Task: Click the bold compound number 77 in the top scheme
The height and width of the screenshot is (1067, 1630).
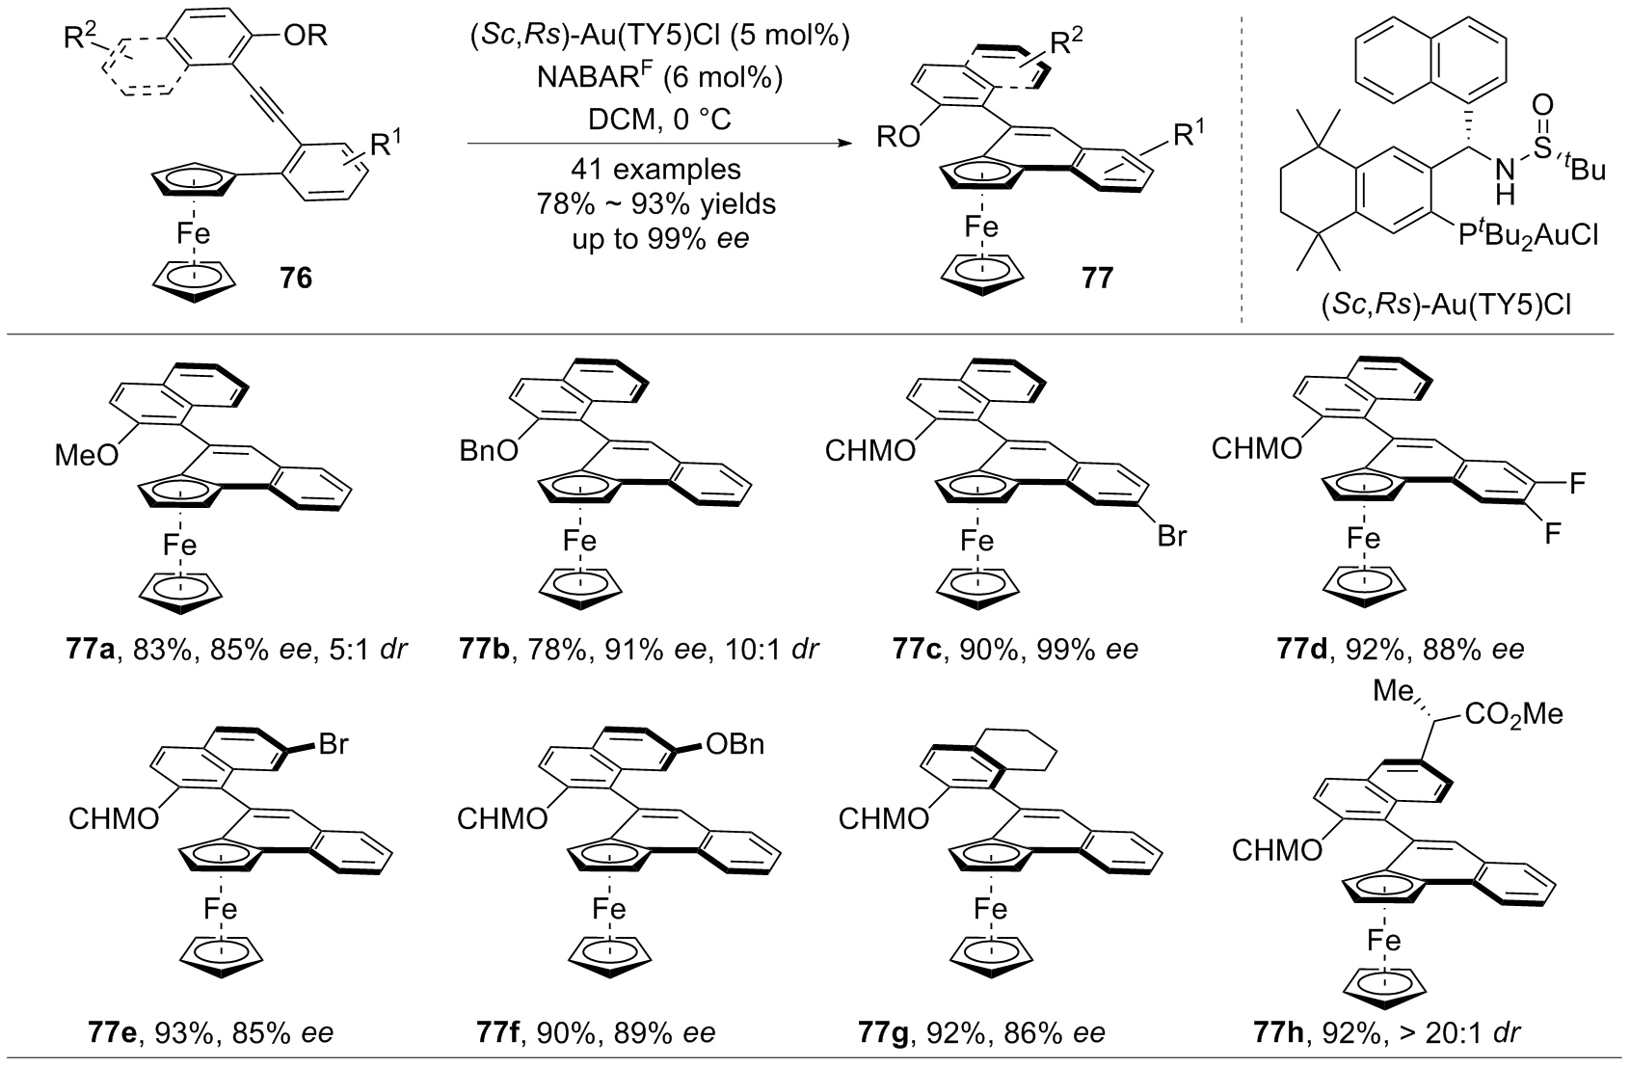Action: click(1097, 279)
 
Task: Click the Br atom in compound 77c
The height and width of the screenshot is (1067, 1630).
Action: click(1171, 535)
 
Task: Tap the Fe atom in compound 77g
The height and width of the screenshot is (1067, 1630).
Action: click(990, 909)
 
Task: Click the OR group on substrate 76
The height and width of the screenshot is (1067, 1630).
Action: click(307, 38)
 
